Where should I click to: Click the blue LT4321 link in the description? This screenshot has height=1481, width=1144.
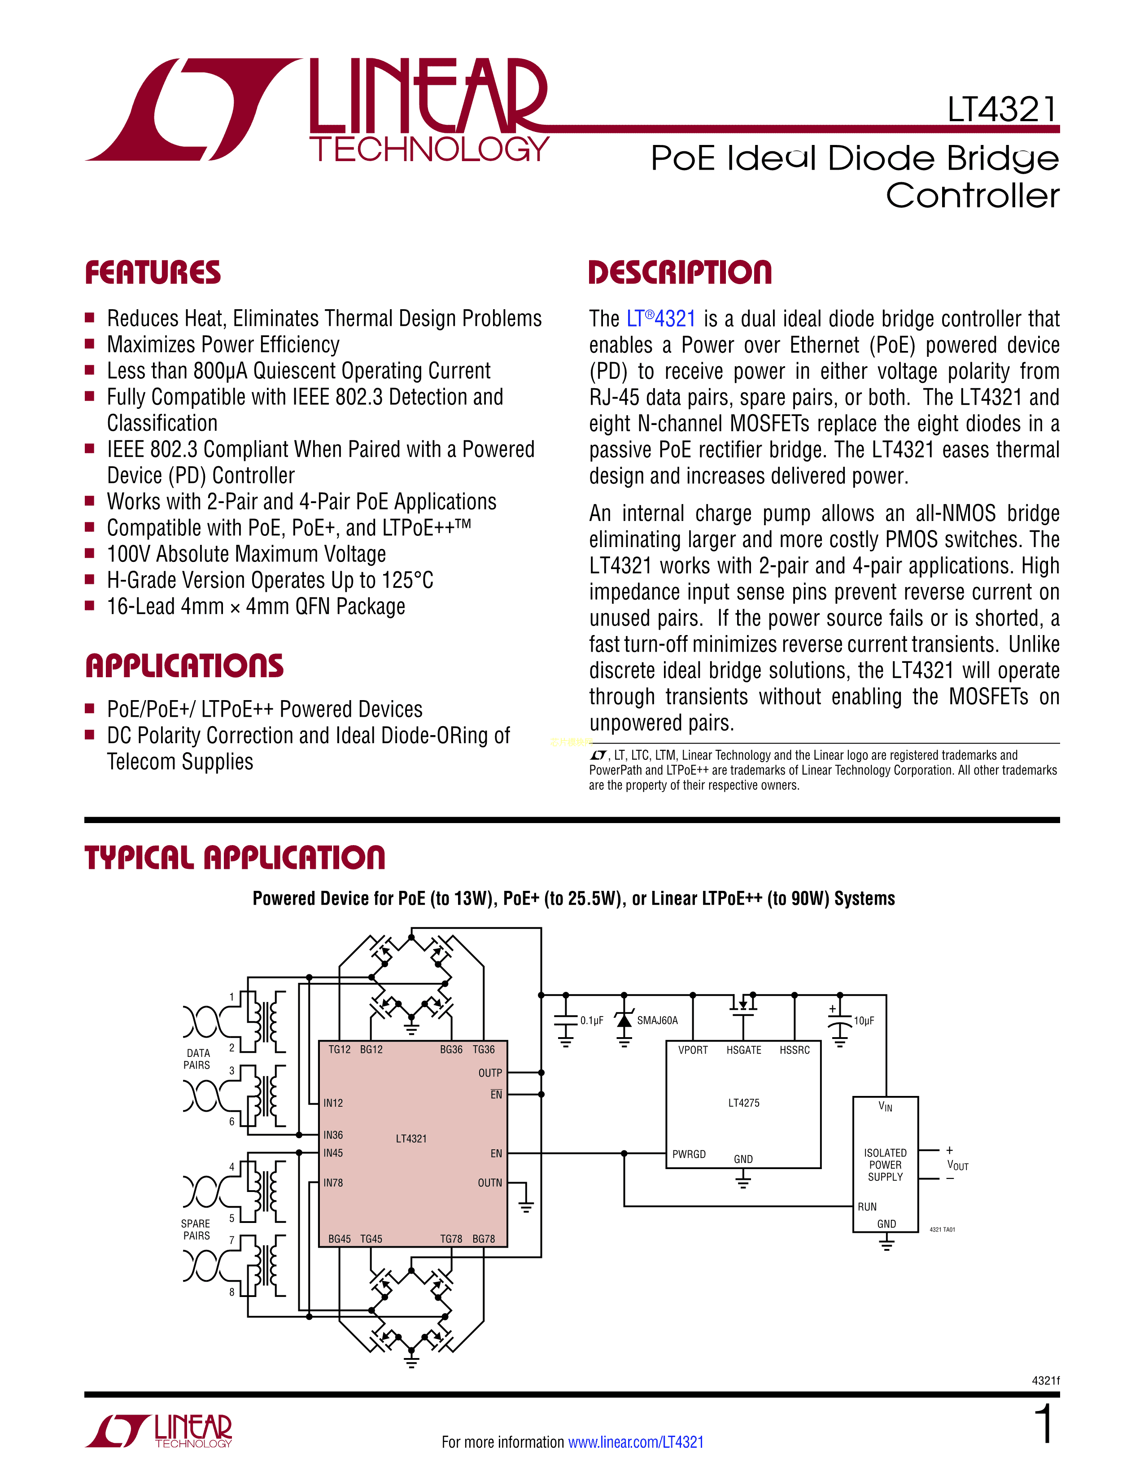coord(661,319)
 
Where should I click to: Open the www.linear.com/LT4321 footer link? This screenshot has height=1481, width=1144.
coord(636,1442)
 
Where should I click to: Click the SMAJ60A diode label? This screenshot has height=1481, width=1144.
coord(657,1021)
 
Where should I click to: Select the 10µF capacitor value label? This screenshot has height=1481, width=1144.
coord(864,1021)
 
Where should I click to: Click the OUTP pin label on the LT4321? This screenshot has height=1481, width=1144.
coord(489,1073)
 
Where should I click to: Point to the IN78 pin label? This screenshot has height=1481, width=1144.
coord(333,1183)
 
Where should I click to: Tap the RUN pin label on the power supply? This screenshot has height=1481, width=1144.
coord(867,1206)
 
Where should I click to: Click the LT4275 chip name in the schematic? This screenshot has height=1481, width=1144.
coord(743,1103)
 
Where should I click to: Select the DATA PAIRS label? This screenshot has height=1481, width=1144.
coord(197,1059)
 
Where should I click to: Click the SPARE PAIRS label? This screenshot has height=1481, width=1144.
coord(196,1229)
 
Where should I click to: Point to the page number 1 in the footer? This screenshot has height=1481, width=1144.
coord(1044,1424)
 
